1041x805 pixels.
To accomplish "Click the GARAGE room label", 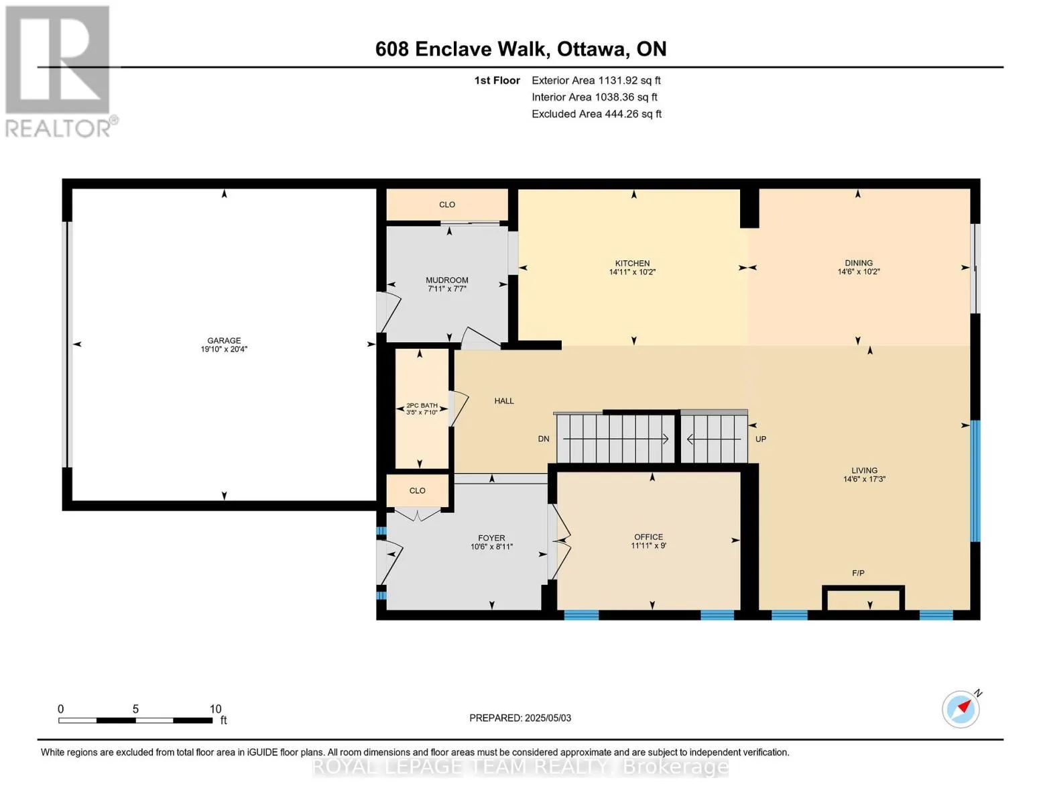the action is click(x=224, y=340).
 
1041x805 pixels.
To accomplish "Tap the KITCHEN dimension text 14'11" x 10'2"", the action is click(x=632, y=272).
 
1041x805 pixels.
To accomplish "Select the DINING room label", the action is click(x=859, y=263).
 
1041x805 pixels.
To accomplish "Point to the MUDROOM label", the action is click(x=447, y=280).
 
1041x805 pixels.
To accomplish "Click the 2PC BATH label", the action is click(x=422, y=405).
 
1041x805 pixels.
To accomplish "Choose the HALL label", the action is click(x=504, y=400).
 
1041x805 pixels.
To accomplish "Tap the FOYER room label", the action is click(x=491, y=538).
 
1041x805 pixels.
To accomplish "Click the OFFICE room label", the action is click(x=649, y=537).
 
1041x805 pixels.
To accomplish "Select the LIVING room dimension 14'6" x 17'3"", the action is click(x=864, y=479).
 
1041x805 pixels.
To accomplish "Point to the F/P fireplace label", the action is click(x=858, y=573).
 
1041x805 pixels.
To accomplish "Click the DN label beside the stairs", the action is click(x=543, y=439).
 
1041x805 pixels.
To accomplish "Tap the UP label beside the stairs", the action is click(x=761, y=439).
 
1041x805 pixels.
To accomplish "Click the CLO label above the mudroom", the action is click(x=447, y=205).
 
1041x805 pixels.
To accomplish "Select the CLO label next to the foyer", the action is click(x=417, y=490).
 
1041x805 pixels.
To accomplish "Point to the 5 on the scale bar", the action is click(x=135, y=709).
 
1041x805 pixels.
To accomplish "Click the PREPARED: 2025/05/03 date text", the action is click(x=520, y=718).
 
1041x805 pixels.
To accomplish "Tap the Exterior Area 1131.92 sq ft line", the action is click(x=596, y=80).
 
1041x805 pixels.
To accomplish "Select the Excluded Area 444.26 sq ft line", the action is click(x=597, y=114).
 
